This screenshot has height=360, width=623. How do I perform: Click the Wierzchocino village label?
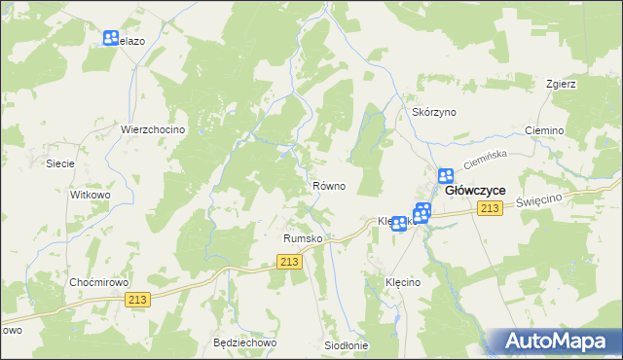point(153,129)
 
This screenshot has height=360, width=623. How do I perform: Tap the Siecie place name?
point(60,163)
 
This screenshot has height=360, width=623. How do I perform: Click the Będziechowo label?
point(245,343)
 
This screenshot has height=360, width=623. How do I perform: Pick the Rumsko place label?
point(302,237)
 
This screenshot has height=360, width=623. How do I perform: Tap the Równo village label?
point(328,186)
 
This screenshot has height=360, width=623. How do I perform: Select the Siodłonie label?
point(346,345)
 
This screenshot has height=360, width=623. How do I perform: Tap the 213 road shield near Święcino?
point(490,209)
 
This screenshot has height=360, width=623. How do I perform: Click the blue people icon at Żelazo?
point(111,40)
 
